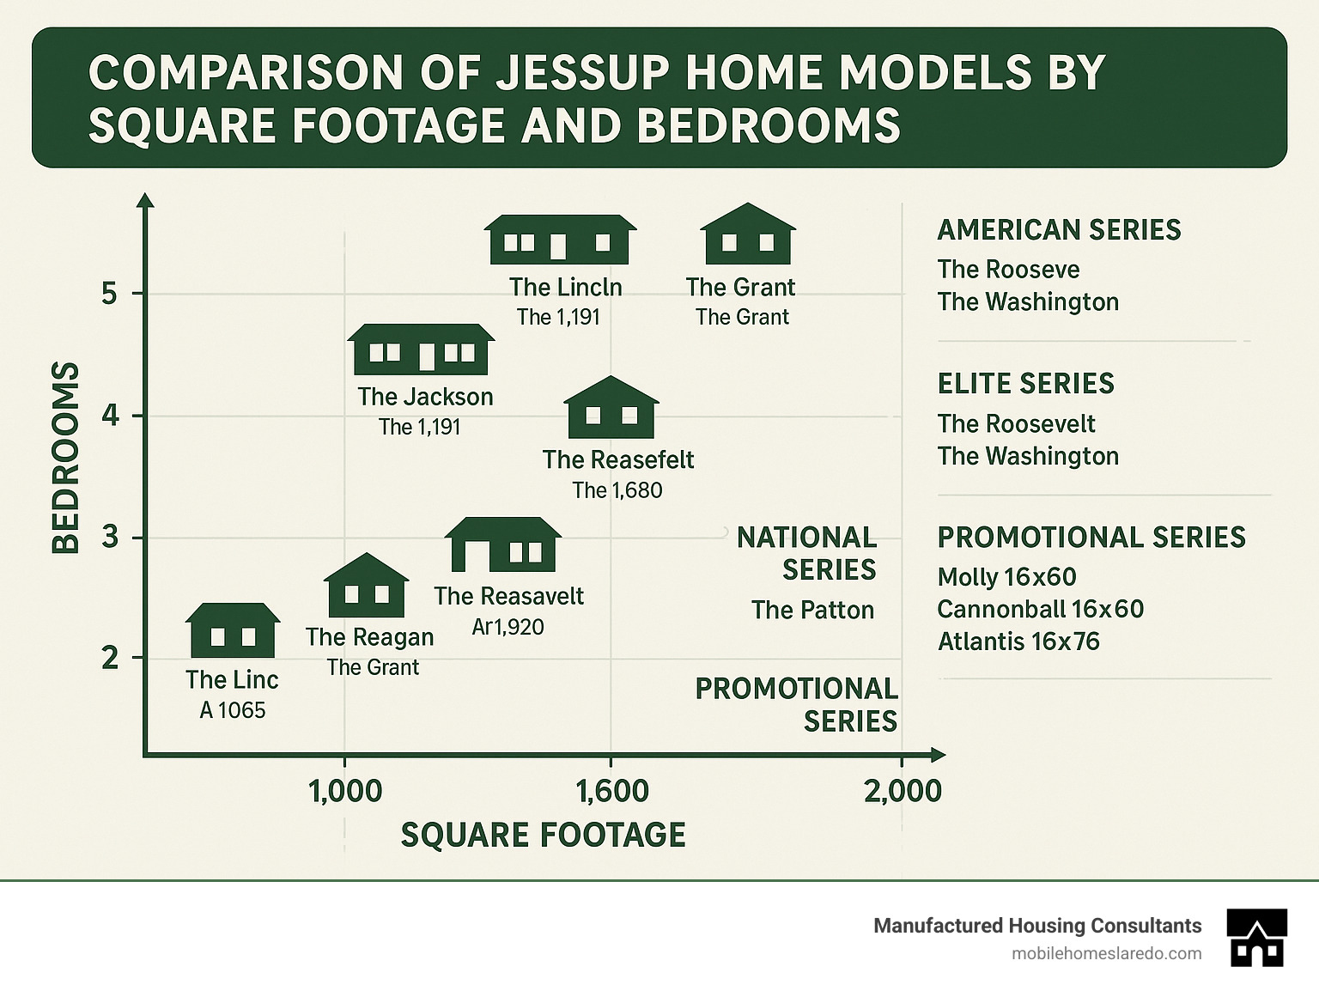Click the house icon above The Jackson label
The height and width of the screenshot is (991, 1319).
click(421, 350)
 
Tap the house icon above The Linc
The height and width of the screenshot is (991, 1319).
click(233, 630)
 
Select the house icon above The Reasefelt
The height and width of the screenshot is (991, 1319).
click(611, 408)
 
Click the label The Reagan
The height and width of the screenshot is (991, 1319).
click(369, 637)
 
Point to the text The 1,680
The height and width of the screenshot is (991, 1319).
click(617, 490)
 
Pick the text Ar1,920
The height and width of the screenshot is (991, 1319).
click(508, 627)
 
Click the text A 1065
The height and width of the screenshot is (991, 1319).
click(233, 710)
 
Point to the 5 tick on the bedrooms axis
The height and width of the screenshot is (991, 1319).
click(109, 295)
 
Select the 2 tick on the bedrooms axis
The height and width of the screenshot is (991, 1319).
click(109, 659)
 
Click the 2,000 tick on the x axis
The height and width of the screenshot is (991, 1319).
click(903, 791)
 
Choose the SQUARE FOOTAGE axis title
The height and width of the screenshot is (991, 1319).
click(543, 835)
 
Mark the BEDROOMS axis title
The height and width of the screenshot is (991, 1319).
click(66, 457)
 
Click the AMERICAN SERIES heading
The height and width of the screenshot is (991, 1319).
click(1059, 230)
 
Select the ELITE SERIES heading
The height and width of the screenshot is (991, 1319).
click(1025, 384)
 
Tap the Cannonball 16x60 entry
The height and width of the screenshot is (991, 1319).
click(1040, 609)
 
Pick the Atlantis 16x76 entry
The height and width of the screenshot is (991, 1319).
click(1018, 641)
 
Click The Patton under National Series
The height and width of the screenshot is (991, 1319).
click(811, 610)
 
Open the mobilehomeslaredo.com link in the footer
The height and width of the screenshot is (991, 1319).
click(1107, 953)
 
